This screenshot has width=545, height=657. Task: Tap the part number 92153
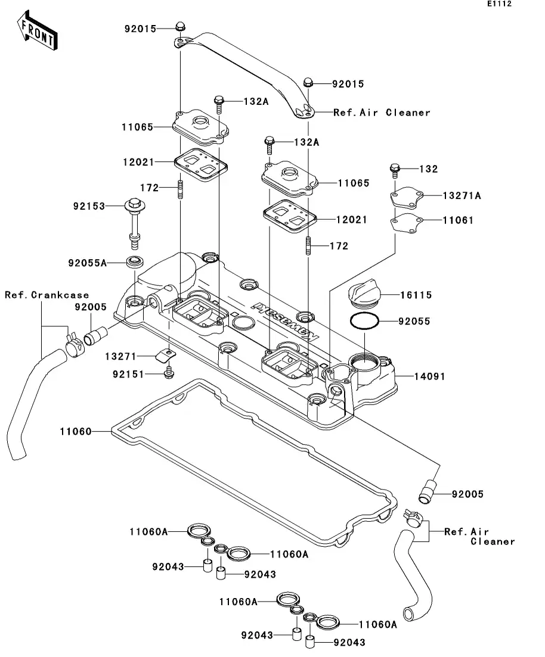click(x=89, y=206)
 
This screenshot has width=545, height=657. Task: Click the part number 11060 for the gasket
click(x=76, y=431)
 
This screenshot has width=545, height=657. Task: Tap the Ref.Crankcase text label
click(x=47, y=295)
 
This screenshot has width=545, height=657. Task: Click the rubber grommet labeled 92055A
click(x=135, y=261)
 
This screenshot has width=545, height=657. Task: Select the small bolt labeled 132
click(x=395, y=169)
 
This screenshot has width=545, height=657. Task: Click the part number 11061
click(x=458, y=220)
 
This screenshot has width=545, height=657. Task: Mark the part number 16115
click(x=416, y=295)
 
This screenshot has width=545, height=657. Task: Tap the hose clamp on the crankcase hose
click(x=74, y=345)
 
